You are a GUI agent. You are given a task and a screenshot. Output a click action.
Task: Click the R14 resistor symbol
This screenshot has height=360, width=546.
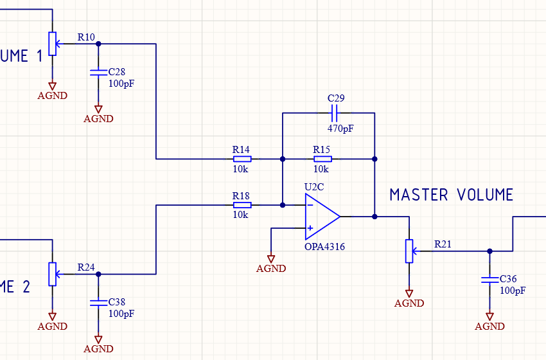(x=242, y=159)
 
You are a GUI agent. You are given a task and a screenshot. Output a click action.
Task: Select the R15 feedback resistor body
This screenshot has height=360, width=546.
(x=322, y=159)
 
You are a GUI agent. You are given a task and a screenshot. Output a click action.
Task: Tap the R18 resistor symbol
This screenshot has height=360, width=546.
(x=242, y=205)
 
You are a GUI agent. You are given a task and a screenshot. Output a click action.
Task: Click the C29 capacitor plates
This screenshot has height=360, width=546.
(x=334, y=114)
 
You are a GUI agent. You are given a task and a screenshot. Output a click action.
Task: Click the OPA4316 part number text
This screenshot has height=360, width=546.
(x=324, y=246)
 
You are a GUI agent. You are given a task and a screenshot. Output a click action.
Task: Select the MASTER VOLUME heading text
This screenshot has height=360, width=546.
(x=452, y=195)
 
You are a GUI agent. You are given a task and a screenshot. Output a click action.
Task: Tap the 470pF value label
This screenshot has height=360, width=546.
(x=340, y=129)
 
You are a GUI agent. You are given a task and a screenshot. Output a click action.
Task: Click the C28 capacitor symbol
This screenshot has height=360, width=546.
(x=98, y=73)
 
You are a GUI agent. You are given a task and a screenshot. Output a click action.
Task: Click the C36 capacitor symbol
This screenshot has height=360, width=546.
(x=489, y=280)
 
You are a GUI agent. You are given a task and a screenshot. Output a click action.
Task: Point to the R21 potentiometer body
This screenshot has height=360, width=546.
(x=409, y=251)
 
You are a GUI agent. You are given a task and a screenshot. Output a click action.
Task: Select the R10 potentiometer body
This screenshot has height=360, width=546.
(x=52, y=44)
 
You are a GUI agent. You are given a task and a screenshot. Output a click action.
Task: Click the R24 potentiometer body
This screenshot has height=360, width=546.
(x=52, y=274)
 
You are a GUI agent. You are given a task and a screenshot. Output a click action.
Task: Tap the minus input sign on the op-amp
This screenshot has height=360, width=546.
(x=310, y=206)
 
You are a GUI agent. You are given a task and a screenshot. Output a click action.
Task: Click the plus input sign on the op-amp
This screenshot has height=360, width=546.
(x=310, y=228)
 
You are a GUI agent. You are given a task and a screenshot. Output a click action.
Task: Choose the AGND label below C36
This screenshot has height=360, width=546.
(x=489, y=326)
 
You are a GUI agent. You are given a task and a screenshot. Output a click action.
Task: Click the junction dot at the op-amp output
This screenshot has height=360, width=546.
(x=374, y=217)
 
